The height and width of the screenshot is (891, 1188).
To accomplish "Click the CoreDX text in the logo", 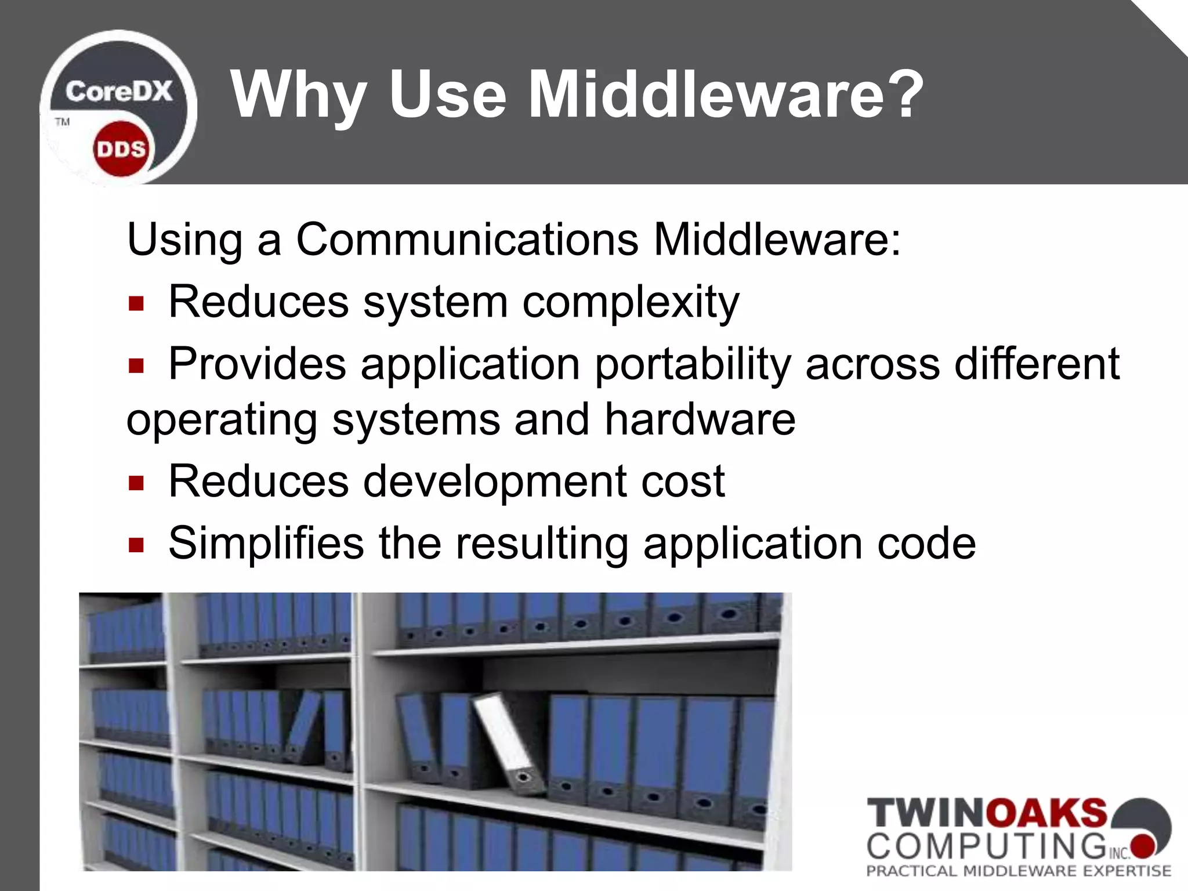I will [119, 92].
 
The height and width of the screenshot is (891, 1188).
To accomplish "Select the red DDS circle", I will [121, 149].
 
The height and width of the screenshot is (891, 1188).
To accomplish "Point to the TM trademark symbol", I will [62, 122].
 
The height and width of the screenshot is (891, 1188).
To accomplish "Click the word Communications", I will [467, 239].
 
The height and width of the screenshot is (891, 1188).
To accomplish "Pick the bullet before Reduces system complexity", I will [136, 303].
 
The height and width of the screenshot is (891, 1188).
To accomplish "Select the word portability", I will [693, 364].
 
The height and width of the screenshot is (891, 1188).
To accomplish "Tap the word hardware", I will [700, 419].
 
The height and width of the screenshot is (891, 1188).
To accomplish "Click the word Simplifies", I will [266, 543].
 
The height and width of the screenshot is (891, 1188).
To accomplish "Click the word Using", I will [184, 239].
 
